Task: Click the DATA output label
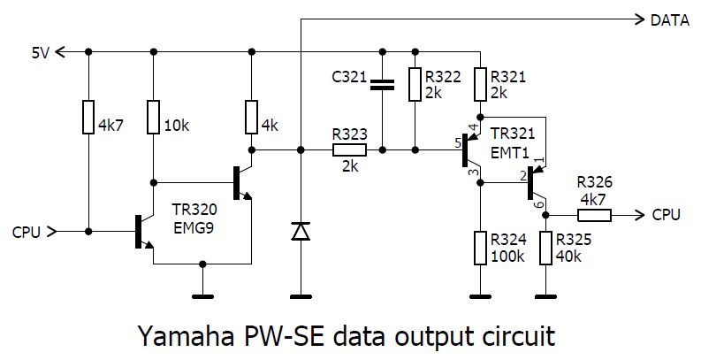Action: pos(669,19)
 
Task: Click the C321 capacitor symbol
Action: pos(383,85)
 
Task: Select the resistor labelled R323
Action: pos(349,150)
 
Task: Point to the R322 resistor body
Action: pos(414,85)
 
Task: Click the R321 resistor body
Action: pos(479,85)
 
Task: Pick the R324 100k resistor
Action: pos(479,249)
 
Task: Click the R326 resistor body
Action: pos(594,214)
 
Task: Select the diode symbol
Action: pos(301,231)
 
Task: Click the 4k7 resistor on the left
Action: pos(88,118)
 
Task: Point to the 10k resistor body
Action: pos(153,118)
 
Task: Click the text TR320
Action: pos(194,213)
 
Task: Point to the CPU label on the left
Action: pos(27,232)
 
